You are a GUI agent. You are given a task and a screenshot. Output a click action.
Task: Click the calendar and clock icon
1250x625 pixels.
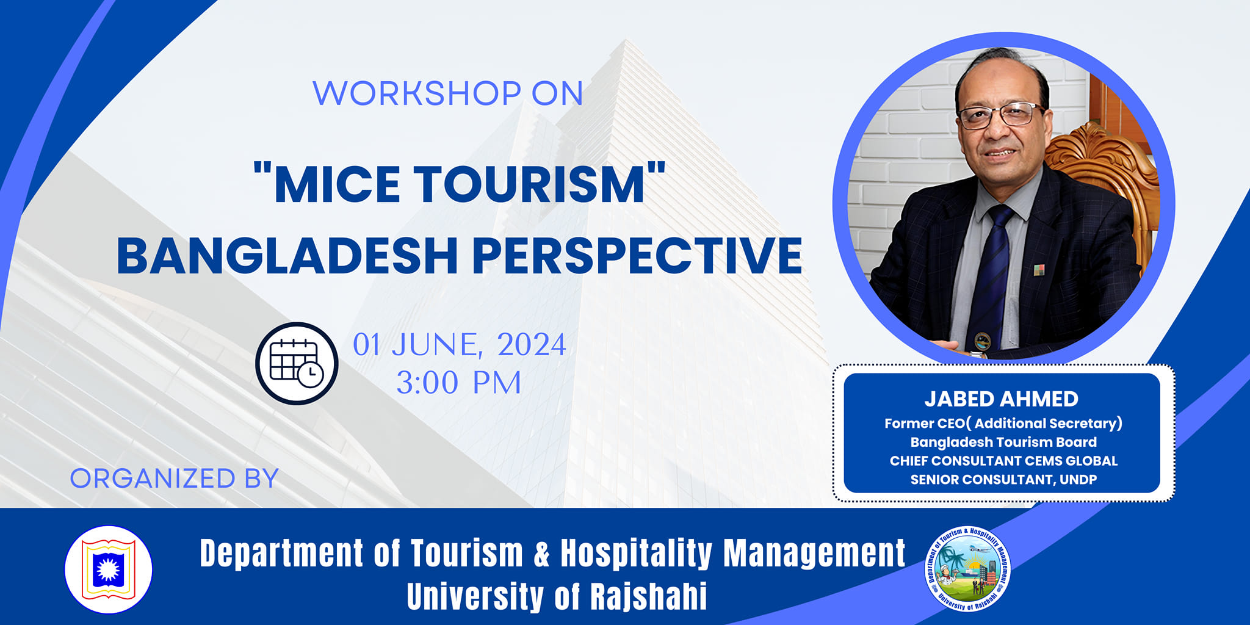pos(297,363)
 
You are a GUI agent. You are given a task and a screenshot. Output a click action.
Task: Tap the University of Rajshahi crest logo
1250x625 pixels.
pos(109,569)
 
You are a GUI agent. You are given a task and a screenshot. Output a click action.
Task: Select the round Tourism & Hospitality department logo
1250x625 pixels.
pos(968,569)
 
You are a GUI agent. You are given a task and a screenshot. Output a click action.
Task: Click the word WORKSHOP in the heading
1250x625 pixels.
pos(416,93)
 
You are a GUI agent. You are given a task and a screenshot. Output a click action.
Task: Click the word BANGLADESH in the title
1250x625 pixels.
pos(287,255)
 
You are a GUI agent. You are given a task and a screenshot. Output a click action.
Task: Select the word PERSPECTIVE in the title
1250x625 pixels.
pos(637,255)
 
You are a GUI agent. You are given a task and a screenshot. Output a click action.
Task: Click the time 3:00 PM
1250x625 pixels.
pos(459,383)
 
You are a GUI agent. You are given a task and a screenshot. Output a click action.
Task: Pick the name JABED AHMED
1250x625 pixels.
pos(1001,399)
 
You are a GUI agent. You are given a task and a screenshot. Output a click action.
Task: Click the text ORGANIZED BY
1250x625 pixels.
pos(175,479)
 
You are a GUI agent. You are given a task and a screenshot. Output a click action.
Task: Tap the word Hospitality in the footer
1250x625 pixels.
pos(636,554)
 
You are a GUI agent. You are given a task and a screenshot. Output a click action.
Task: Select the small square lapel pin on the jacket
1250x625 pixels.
pos(1039,270)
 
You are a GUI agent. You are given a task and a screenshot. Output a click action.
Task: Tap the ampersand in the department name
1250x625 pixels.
pos(542,554)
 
